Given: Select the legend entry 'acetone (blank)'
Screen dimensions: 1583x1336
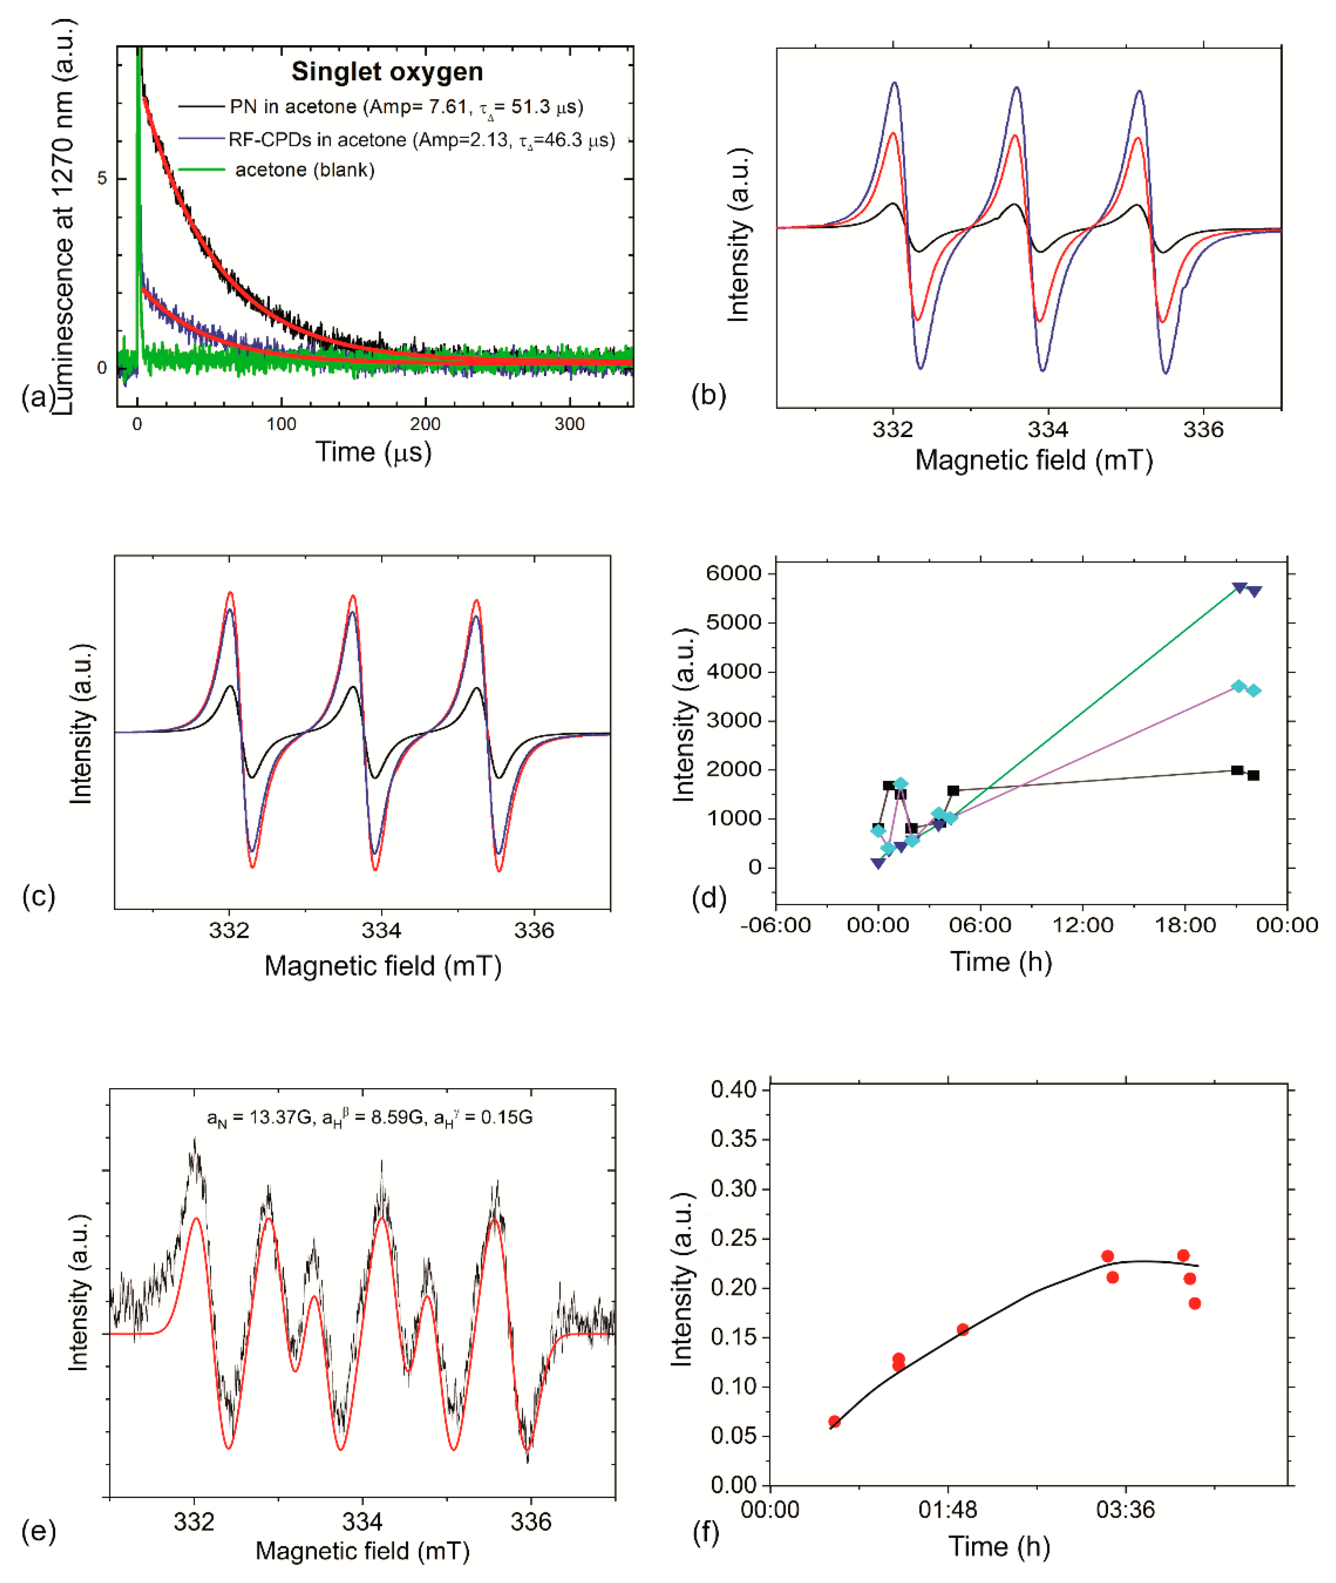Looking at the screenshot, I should tap(304, 170).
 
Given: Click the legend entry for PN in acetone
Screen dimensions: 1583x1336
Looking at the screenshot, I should tap(406, 107).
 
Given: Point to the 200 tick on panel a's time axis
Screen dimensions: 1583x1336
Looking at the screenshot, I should tap(425, 424).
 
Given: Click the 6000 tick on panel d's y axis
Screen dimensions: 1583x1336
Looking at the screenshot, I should tap(733, 573).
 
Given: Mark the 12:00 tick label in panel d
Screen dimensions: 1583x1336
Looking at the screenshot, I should tap(1083, 925).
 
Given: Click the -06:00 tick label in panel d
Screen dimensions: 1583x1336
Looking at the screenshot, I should tap(776, 925).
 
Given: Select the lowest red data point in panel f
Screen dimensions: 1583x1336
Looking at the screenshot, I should tap(834, 1422).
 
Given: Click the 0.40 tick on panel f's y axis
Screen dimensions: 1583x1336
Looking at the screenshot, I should tap(733, 1090).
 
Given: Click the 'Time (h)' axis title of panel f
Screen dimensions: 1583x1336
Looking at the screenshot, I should tap(1000, 1547).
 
